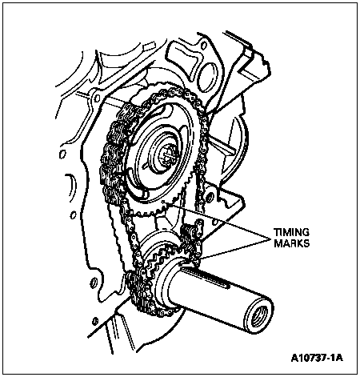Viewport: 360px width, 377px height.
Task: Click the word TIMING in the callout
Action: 291,232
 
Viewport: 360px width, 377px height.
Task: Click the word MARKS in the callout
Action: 292,243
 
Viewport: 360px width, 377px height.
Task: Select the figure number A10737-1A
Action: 317,358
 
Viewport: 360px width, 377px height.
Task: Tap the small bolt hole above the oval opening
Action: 203,45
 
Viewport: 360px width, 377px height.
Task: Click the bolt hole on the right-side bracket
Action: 210,197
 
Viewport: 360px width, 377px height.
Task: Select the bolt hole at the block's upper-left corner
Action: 97,98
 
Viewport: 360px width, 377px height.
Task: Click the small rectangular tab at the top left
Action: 150,46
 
